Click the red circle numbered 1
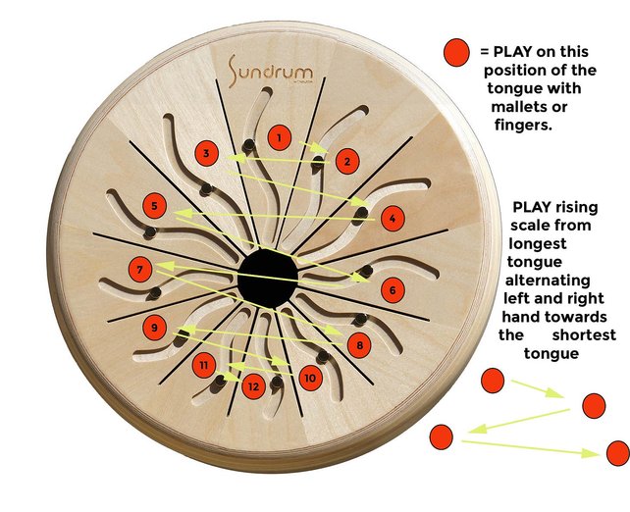point(281,138)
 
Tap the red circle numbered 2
point(345,161)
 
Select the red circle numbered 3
point(206,153)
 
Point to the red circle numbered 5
point(154,206)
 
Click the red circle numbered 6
point(392,290)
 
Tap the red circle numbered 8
point(360,345)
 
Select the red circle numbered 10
point(310,376)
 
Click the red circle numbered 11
point(203,366)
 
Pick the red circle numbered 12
point(253,386)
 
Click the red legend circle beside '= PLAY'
point(456,53)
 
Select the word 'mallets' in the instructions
point(532,106)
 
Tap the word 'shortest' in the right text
point(584,335)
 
